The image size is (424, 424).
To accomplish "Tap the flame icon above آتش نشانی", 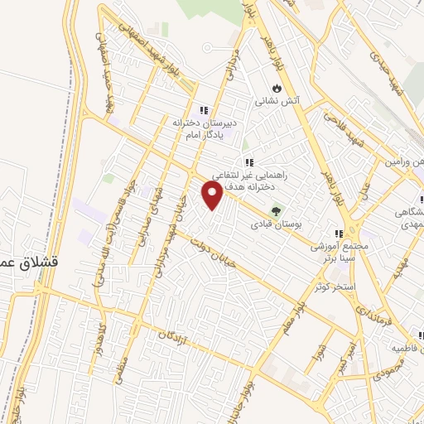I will click(277, 86).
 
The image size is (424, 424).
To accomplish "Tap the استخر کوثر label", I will click(335, 287).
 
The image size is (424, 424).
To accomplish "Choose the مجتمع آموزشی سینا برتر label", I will click(339, 253).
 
